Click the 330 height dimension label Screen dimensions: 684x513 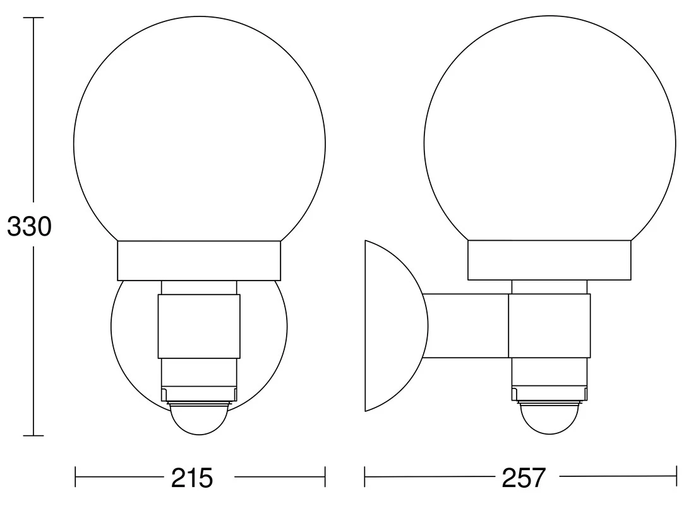click(x=29, y=227)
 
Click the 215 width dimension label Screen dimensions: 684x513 click(x=192, y=478)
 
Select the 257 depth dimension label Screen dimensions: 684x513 click(x=524, y=478)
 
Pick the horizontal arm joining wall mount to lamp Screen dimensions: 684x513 click(x=466, y=326)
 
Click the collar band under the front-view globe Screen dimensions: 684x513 click(x=199, y=260)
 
